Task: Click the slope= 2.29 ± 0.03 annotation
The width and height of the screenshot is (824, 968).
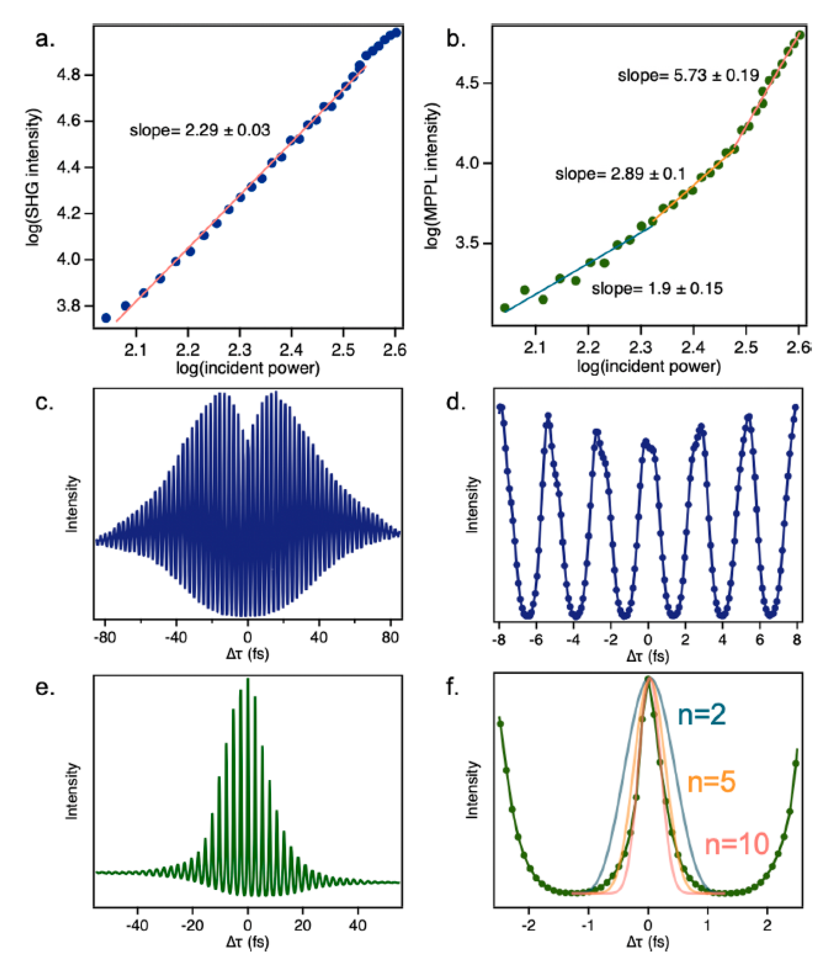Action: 199,130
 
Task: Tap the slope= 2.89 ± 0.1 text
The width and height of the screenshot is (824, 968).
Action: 620,174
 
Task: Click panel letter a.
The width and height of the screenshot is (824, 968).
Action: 44,39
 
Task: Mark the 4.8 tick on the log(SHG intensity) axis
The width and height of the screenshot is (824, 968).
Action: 69,75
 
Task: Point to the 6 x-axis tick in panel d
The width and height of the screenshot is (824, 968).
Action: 760,639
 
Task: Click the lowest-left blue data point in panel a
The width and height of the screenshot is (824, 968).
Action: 106,318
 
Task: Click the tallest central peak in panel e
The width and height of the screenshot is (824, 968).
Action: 247,680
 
